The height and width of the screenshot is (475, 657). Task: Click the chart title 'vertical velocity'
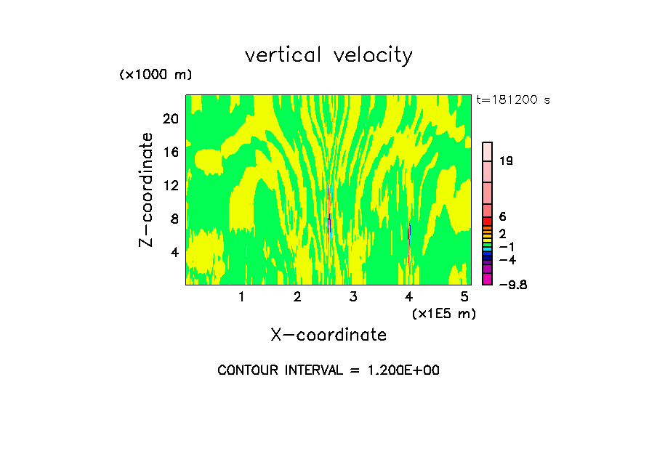pyautogui.click(x=328, y=55)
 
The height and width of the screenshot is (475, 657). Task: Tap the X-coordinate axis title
pyautogui.click(x=328, y=335)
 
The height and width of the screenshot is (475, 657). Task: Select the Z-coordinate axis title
pyautogui.click(x=146, y=189)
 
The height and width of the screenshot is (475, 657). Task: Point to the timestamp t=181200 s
pyautogui.click(x=513, y=100)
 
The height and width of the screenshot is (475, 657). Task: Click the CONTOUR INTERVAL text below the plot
pyautogui.click(x=328, y=370)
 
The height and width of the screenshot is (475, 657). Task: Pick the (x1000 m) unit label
pyautogui.click(x=155, y=75)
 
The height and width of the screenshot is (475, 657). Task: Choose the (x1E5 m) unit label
pyautogui.click(x=443, y=314)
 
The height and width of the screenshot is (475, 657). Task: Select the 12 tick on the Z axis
pyautogui.click(x=169, y=185)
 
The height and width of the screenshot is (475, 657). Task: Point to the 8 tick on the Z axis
pyautogui.click(x=174, y=219)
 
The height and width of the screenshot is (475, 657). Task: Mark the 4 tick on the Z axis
pyautogui.click(x=174, y=252)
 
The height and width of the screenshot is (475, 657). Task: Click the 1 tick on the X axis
pyautogui.click(x=241, y=296)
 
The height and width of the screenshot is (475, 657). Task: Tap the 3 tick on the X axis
pyautogui.click(x=352, y=296)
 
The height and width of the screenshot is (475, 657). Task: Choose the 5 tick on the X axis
pyautogui.click(x=464, y=296)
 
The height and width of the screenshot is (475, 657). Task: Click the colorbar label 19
pyautogui.click(x=507, y=161)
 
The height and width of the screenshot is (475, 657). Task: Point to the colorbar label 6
pyautogui.click(x=502, y=216)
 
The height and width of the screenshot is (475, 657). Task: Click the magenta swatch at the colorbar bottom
pyautogui.click(x=488, y=279)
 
